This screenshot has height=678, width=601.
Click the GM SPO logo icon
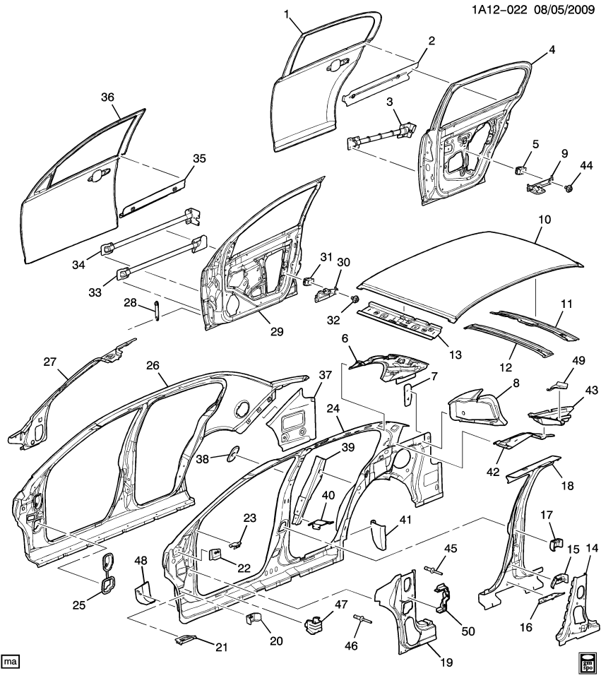click(x=586, y=663)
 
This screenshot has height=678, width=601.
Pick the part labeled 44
click(x=568, y=189)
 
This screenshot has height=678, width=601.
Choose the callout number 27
click(x=49, y=361)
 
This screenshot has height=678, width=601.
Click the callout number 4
click(x=552, y=49)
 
